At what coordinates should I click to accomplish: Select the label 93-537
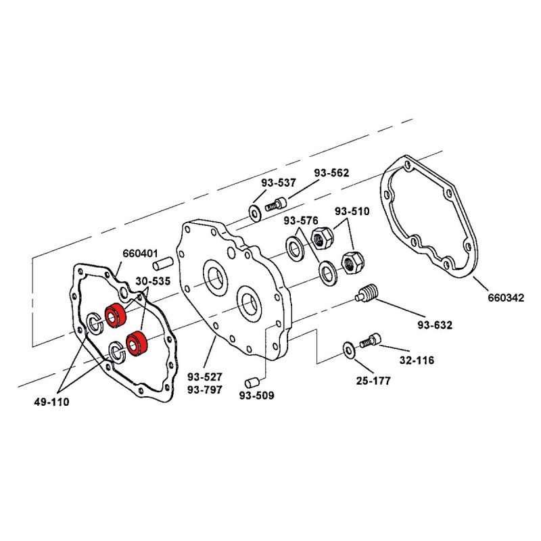pos(279,183)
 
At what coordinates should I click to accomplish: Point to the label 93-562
pos(331,172)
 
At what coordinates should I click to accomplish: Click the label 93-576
pos(300,221)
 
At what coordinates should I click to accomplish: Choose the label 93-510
pos(352,211)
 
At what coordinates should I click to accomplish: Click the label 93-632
pos(435,325)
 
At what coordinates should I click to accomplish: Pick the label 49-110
pos(51,402)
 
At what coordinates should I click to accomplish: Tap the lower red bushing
pos(137,342)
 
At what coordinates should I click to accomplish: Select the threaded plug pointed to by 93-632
pos(367,296)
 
